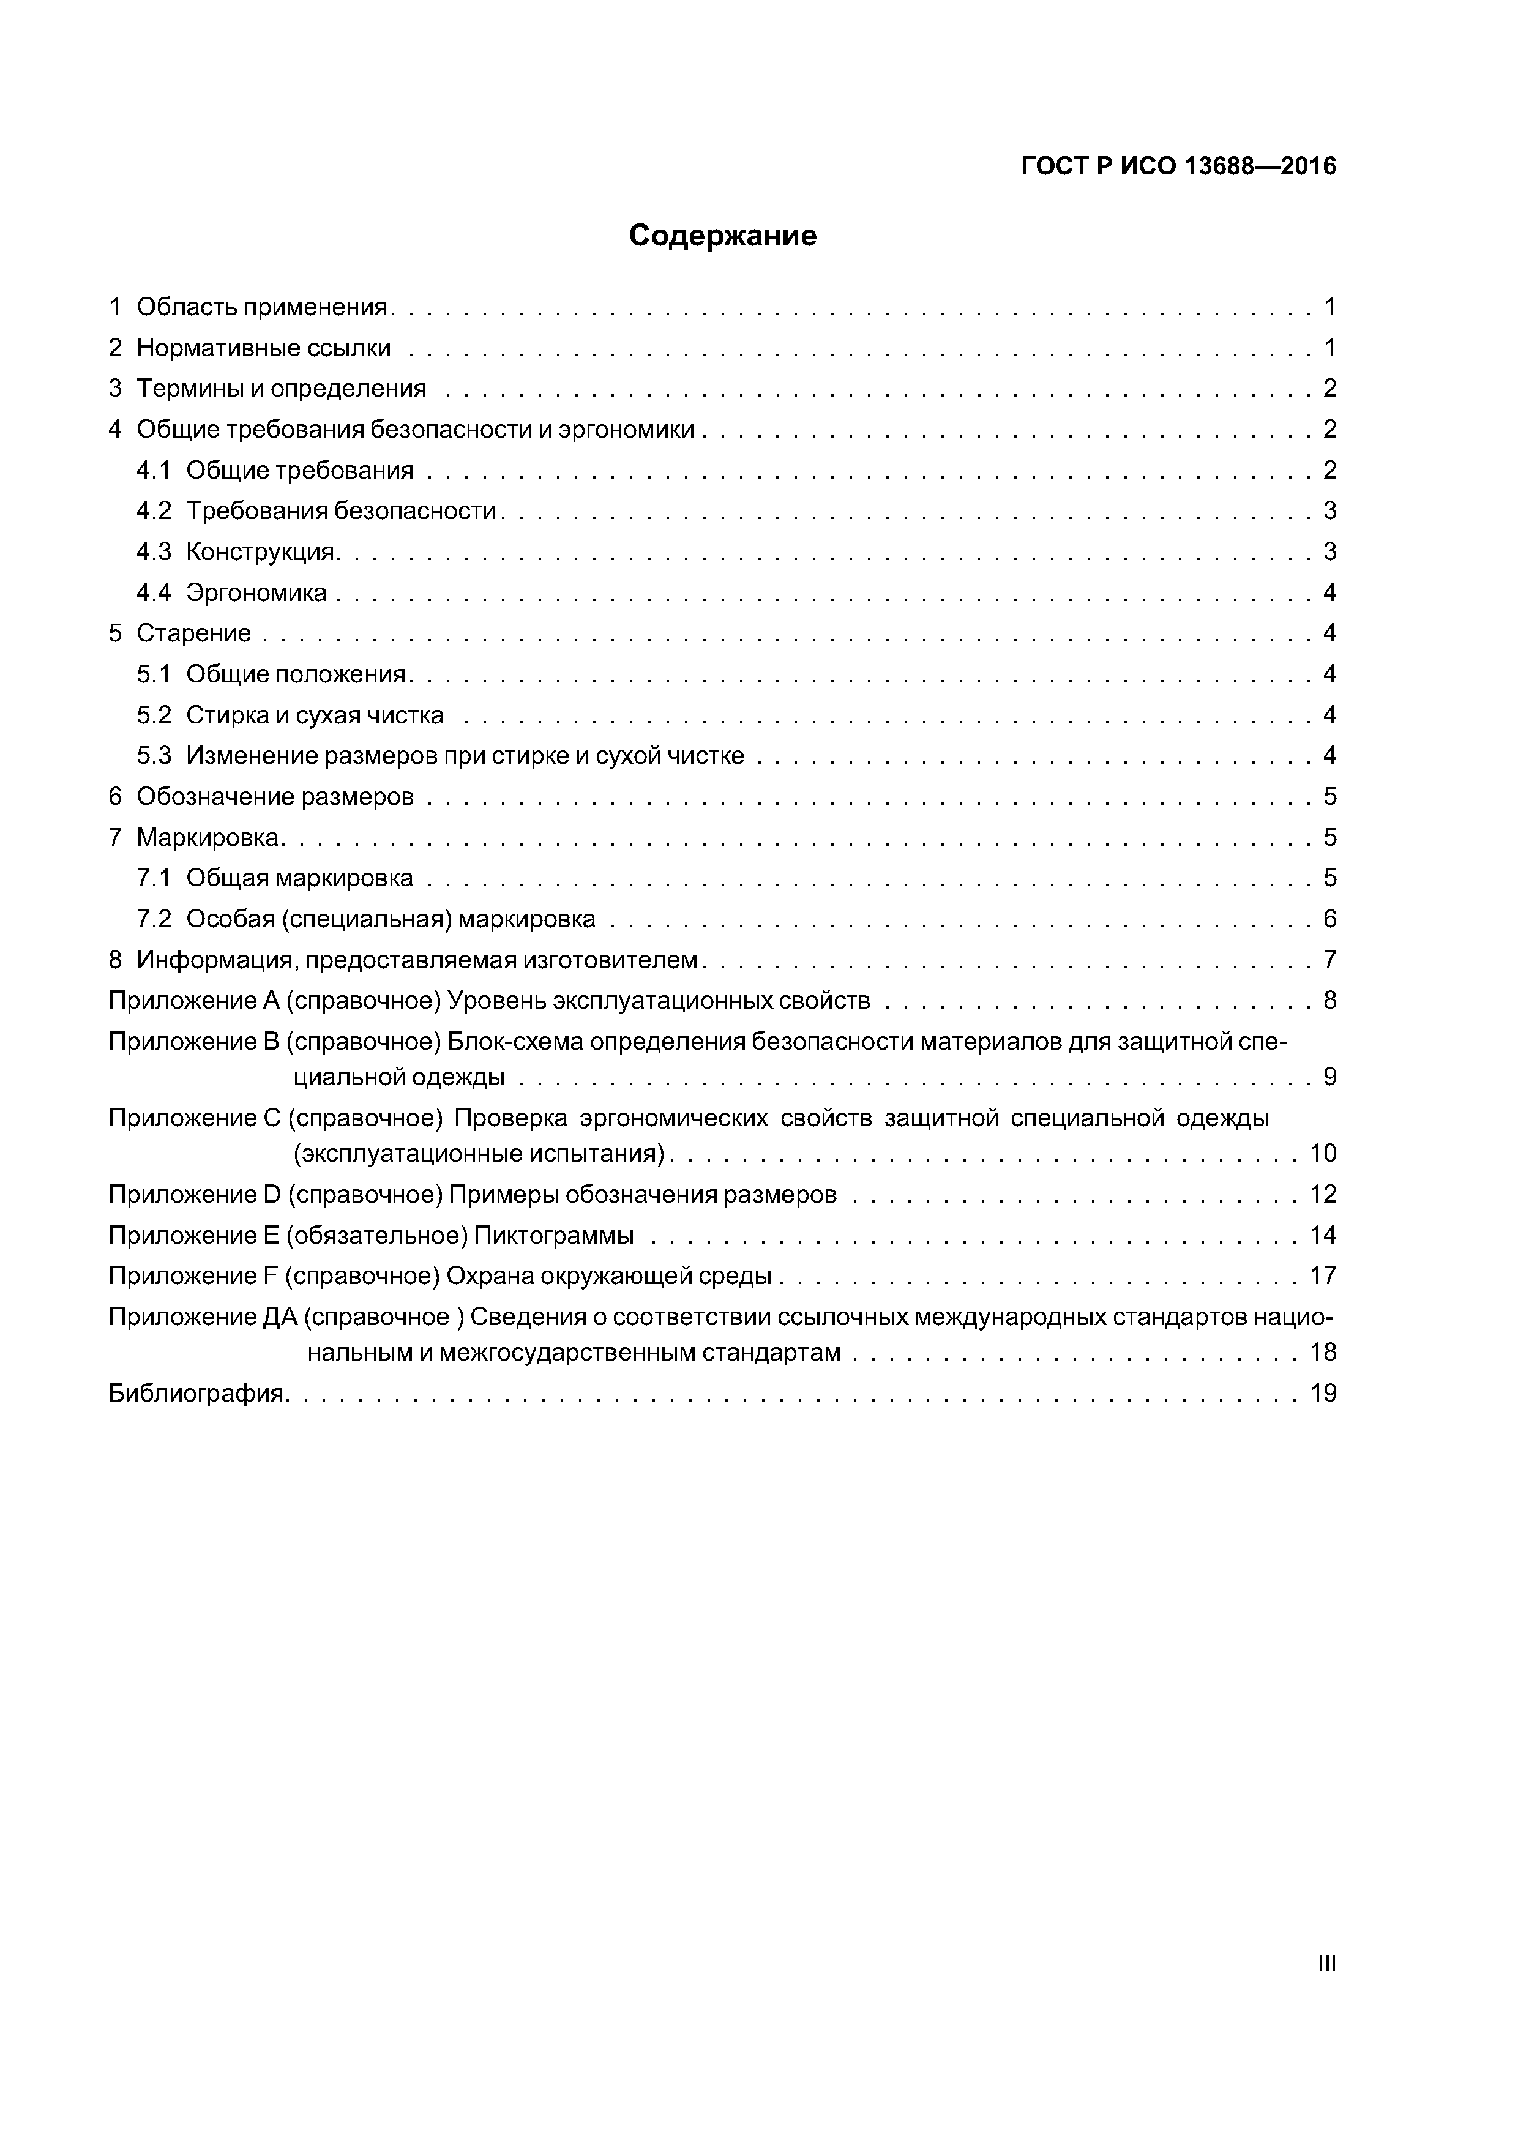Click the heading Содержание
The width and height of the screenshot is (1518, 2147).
point(722,236)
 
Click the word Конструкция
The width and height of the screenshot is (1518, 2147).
point(260,551)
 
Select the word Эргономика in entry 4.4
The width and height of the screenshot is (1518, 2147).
point(256,593)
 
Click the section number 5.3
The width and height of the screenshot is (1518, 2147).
point(154,756)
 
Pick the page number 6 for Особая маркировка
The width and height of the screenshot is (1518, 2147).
point(1329,919)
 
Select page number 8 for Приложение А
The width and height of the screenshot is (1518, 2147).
point(1329,1001)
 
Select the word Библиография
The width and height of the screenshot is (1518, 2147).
point(196,1394)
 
